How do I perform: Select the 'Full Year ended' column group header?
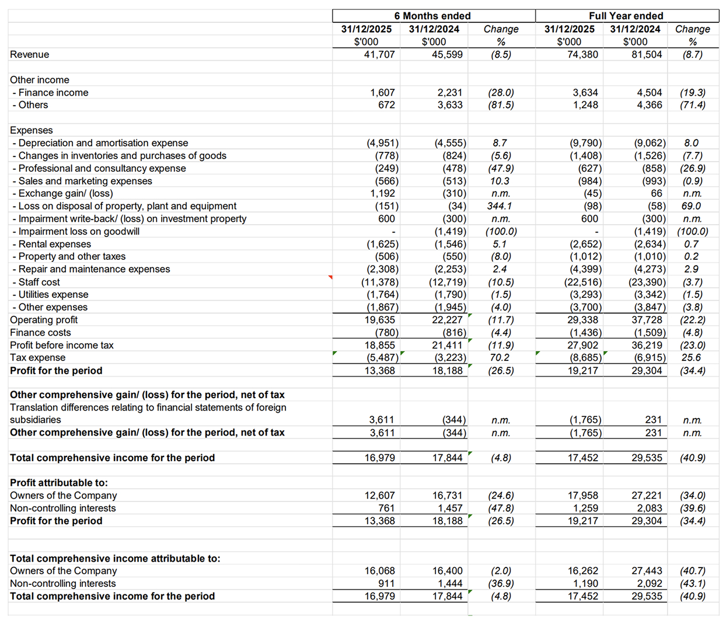coord(626,16)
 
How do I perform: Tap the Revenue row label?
coord(30,54)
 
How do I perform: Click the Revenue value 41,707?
coord(379,54)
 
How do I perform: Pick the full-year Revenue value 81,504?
coord(647,54)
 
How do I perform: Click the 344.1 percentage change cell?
coord(500,206)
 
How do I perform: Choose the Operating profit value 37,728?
coord(647,320)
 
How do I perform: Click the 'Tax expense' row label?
coord(38,358)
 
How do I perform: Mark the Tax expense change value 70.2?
coord(500,358)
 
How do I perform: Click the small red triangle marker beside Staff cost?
coord(330,277)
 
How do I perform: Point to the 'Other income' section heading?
coord(40,80)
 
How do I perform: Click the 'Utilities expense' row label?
coord(53,295)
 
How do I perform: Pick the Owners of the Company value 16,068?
coord(379,571)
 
